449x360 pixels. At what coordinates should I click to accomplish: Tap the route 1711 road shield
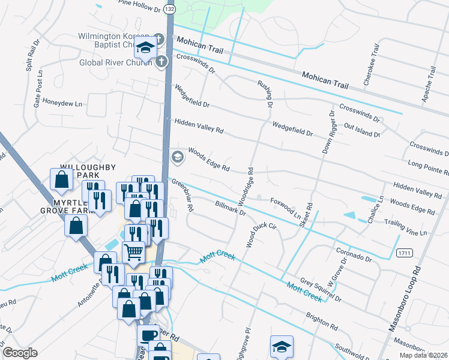click(403, 254)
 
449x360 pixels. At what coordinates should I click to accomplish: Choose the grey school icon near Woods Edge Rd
click(177, 157)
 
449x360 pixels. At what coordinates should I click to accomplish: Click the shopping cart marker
click(133, 252)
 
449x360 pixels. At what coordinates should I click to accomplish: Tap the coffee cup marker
click(148, 335)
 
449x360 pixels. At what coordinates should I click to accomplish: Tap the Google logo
click(20, 353)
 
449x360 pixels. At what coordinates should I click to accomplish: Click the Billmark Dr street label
click(231, 208)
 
